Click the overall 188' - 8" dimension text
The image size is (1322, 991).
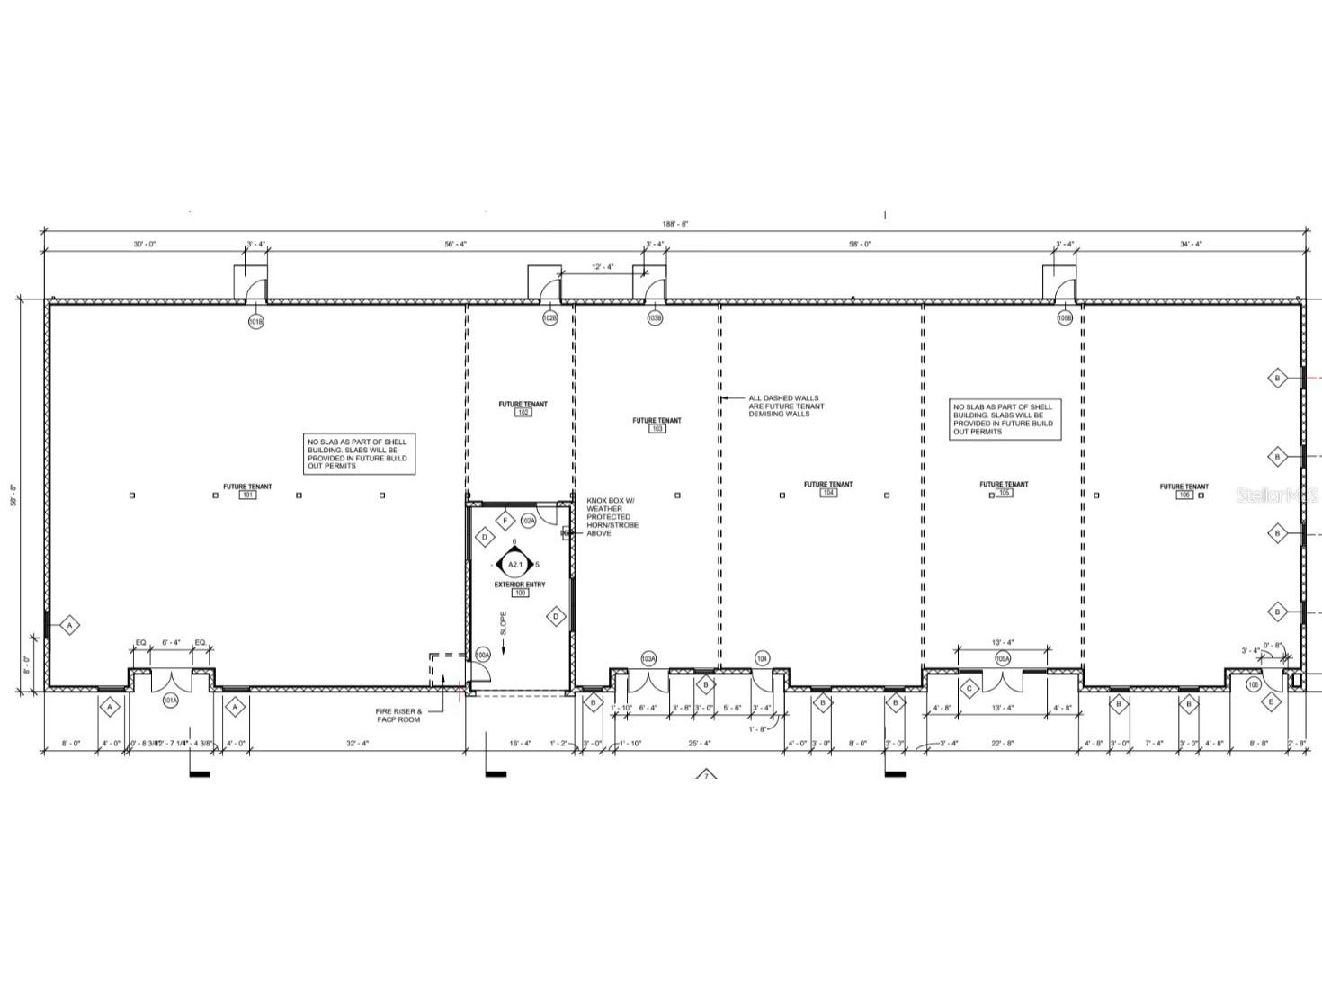pyautogui.click(x=676, y=224)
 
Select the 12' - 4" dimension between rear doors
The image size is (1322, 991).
pyautogui.click(x=603, y=267)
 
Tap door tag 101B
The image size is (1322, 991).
pyautogui.click(x=256, y=321)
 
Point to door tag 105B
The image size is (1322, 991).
pyautogui.click(x=1065, y=318)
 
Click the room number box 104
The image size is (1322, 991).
pyautogui.click(x=828, y=493)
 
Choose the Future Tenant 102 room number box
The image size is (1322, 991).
pyautogui.click(x=523, y=413)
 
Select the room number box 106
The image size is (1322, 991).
pyautogui.click(x=1184, y=495)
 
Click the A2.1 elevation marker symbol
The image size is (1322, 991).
pyautogui.click(x=514, y=565)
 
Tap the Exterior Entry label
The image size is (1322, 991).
pyautogui.click(x=519, y=585)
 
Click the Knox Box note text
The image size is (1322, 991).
pyautogui.click(x=612, y=517)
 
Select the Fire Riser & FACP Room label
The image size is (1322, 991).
pyautogui.click(x=398, y=716)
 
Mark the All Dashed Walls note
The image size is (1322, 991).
pyautogui.click(x=785, y=406)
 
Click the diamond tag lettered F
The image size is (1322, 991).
pyautogui.click(x=505, y=522)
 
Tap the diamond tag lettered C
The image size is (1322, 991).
pyautogui.click(x=969, y=690)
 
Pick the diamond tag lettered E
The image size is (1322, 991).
pyautogui.click(x=1272, y=702)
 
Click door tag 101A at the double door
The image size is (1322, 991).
pyautogui.click(x=170, y=700)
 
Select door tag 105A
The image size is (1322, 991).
pyautogui.click(x=1003, y=659)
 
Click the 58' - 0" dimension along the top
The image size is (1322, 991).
pyautogui.click(x=860, y=244)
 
